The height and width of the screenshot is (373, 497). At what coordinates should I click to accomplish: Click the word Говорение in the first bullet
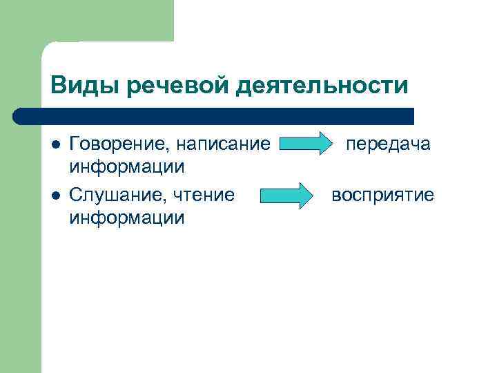coord(119,144)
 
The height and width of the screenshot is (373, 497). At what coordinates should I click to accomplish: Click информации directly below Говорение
coord(126,166)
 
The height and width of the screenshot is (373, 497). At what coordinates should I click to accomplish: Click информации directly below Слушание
coord(126,218)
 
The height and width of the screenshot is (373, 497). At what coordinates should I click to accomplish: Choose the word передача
coord(388,144)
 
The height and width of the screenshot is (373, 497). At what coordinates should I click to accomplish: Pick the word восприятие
coord(382,195)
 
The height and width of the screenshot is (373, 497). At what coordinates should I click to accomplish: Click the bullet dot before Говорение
coord(55,145)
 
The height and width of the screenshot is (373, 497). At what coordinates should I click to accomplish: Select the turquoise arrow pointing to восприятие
coord(286,196)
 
